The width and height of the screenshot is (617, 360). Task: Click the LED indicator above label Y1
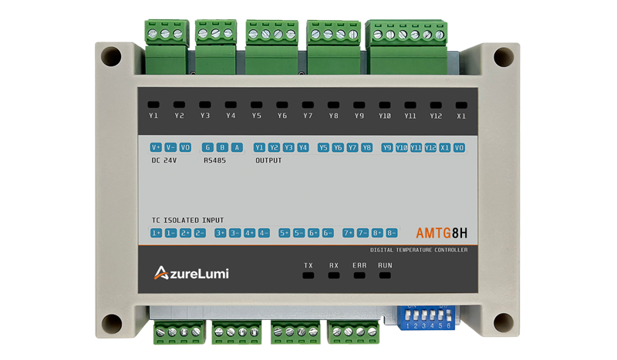tap(153, 104)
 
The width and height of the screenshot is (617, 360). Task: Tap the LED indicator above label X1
tap(461, 104)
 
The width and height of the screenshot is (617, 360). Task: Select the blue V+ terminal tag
tap(156, 147)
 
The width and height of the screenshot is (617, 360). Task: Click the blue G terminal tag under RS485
tap(207, 147)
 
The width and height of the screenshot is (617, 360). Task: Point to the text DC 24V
tap(164, 161)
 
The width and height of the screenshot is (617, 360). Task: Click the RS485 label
tap(214, 161)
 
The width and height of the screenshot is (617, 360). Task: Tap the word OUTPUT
tap(268, 161)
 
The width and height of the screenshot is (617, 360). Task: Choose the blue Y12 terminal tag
tap(430, 147)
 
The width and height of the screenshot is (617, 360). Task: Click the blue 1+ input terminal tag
tap(156, 233)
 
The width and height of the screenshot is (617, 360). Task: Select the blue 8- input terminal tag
tap(392, 233)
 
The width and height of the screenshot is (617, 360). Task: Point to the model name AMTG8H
tap(441, 232)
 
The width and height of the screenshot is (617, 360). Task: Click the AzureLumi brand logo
tap(191, 272)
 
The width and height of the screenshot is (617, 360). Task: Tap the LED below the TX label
tap(308, 275)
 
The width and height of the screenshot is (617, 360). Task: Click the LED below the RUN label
tap(385, 275)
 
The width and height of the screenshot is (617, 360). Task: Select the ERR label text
tap(359, 265)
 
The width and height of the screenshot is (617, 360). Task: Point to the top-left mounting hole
tap(111, 56)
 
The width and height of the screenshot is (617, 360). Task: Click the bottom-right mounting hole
tap(502, 321)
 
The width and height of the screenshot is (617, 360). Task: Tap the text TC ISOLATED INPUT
tap(187, 220)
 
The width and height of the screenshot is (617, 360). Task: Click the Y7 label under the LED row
tap(308, 116)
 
